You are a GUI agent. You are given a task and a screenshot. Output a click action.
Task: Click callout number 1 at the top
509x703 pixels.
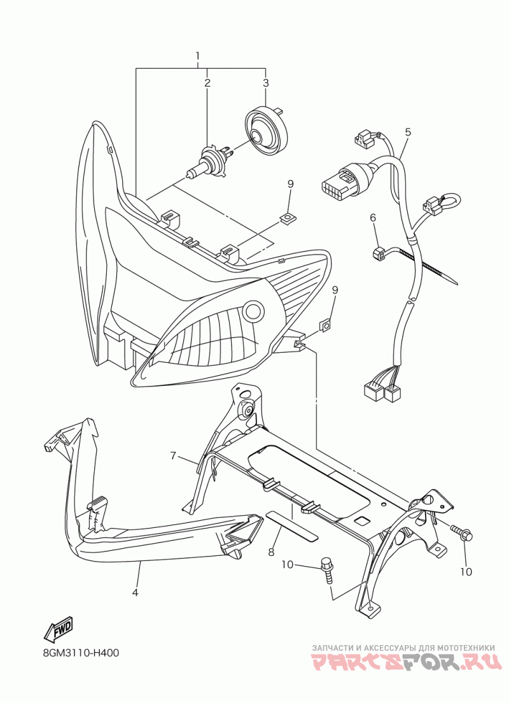198,55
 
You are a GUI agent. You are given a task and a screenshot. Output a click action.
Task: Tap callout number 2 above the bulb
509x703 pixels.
207,83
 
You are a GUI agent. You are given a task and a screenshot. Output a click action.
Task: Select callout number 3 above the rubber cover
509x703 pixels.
266,83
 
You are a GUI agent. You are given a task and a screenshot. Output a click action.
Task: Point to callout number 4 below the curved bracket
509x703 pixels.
135,592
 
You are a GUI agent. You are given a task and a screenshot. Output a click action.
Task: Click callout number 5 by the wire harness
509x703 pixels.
408,132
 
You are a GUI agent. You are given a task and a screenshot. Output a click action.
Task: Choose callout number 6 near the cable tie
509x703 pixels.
373,218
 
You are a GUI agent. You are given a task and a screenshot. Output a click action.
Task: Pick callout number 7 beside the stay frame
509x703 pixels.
172,455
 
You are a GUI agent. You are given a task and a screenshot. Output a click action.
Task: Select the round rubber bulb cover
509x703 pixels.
265,132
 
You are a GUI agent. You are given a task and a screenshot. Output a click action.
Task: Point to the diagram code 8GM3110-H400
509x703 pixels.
81,653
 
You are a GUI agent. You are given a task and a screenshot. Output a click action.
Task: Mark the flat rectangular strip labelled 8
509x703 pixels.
289,525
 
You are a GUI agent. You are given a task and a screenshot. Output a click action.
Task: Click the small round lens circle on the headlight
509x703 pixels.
254,311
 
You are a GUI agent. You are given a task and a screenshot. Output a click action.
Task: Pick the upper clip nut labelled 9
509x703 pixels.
289,219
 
